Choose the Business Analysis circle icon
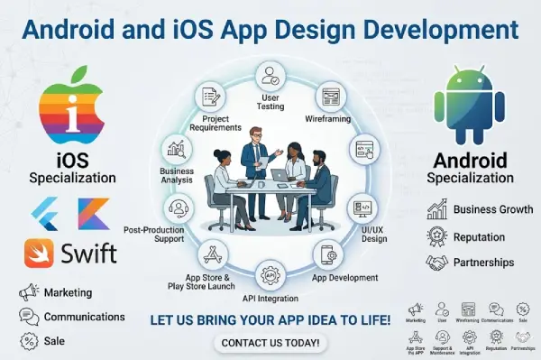click(176, 150)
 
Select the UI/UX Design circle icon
click(362, 207)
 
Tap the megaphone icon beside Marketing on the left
click(29, 292)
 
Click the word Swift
click(88, 253)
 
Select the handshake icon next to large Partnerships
click(436, 263)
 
